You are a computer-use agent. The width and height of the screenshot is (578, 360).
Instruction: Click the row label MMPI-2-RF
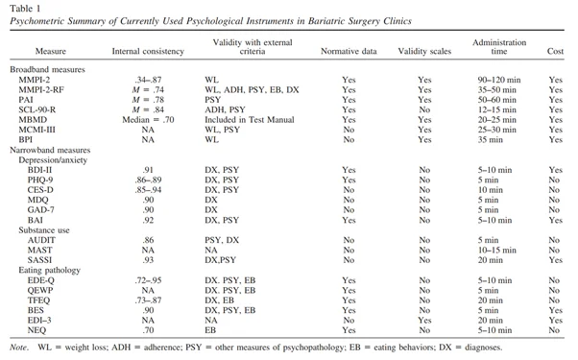tap(41, 90)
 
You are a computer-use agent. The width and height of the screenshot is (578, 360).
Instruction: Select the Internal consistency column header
tap(148, 51)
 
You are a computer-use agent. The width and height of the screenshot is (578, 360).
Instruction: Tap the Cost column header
tap(555, 51)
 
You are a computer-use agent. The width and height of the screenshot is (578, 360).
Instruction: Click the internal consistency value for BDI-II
tap(148, 170)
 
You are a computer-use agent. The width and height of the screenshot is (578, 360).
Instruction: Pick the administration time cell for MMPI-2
tap(499, 80)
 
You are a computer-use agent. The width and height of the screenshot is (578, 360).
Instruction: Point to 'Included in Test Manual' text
tap(250, 120)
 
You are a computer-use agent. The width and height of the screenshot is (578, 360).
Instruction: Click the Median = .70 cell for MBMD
tap(148, 120)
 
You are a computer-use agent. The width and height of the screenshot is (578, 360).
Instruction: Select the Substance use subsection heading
tap(44, 230)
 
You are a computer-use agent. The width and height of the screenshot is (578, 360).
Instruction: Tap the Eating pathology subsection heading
tap(49, 270)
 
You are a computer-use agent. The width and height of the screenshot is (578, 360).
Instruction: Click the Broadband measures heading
tap(47, 70)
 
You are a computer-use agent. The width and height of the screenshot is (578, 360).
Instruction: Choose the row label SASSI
tap(39, 260)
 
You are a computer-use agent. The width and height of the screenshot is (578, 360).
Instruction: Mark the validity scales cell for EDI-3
tap(424, 321)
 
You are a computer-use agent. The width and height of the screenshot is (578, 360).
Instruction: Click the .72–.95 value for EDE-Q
tap(148, 280)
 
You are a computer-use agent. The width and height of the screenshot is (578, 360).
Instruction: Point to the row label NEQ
tap(36, 330)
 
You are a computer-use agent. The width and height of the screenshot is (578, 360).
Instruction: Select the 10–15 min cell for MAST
tap(497, 251)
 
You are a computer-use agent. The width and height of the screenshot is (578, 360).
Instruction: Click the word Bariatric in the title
tap(326, 21)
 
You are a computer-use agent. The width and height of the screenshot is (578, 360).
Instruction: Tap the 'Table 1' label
tap(25, 8)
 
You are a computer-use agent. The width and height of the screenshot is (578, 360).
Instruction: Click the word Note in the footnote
tap(18, 348)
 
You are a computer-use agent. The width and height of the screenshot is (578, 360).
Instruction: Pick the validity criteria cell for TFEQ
tap(219, 300)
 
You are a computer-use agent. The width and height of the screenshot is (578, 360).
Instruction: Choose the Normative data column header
tap(349, 51)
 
